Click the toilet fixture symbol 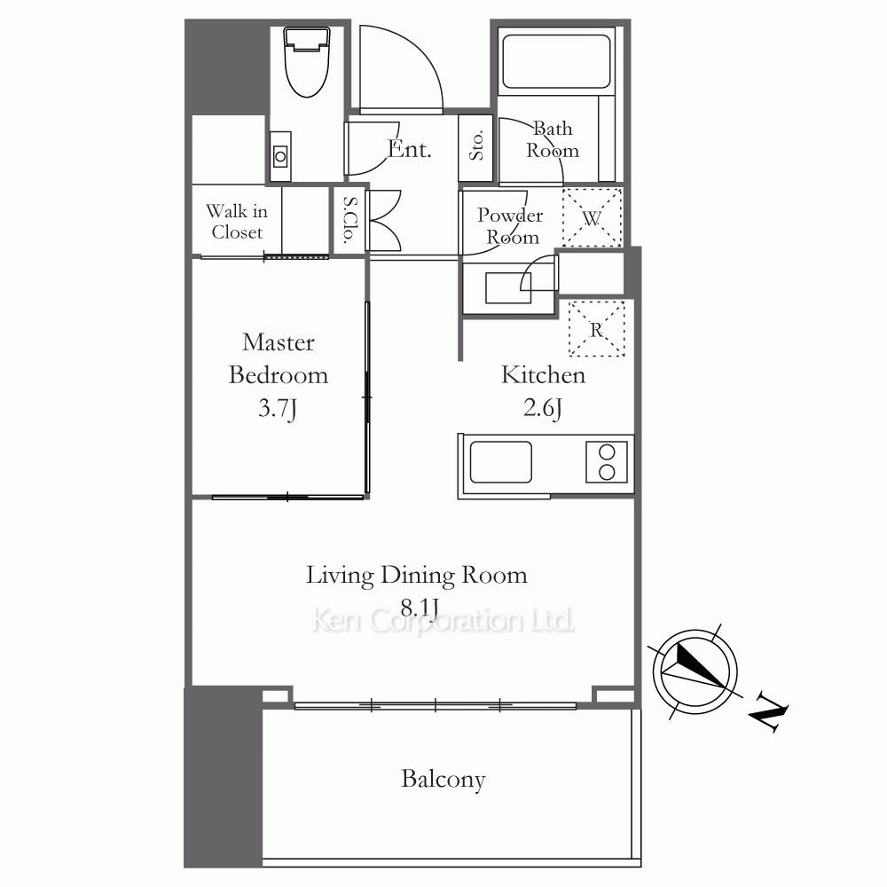[x=307, y=61]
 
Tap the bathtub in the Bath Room [x=557, y=62]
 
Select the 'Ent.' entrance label [x=410, y=149]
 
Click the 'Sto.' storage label [x=476, y=145]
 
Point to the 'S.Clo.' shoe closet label [x=350, y=219]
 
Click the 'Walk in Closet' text [x=237, y=222]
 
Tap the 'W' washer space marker [x=593, y=218]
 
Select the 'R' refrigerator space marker [x=596, y=329]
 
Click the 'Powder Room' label [x=510, y=225]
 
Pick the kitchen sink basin [x=500, y=462]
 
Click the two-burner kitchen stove [x=607, y=461]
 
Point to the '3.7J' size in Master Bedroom [x=277, y=408]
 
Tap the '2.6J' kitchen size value [x=543, y=408]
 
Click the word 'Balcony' [x=443, y=780]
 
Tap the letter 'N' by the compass [x=768, y=711]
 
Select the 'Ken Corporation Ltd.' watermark [x=443, y=621]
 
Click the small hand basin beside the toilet [x=280, y=156]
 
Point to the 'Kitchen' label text [x=543, y=375]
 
